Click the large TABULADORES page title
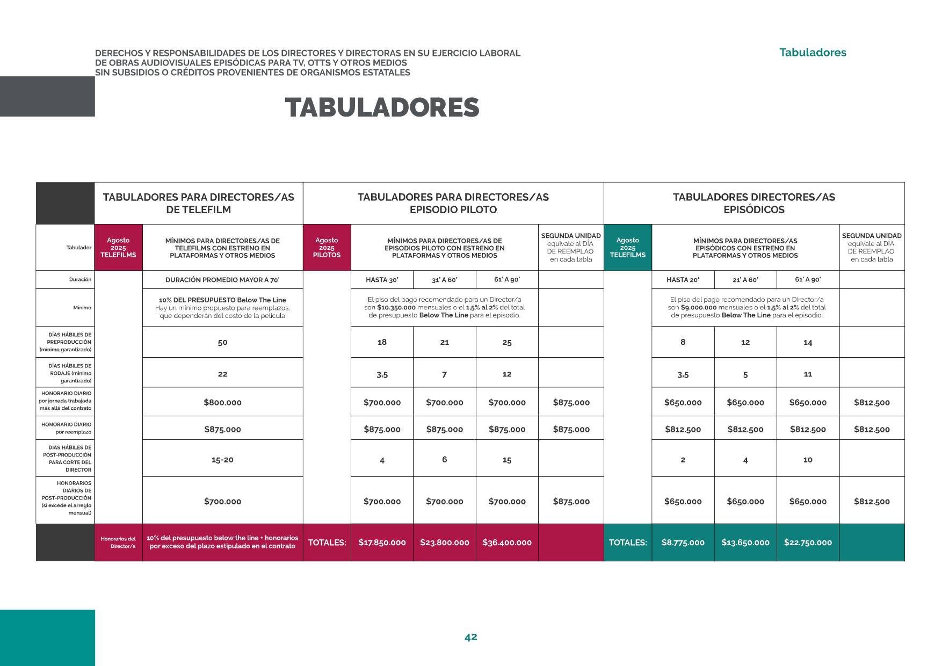tap(382, 108)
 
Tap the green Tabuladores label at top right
tap(813, 53)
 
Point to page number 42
tap(470, 637)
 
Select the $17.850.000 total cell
tap(382, 542)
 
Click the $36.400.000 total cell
tap(507, 542)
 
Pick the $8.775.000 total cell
tap(683, 542)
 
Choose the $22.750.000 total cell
tap(808, 542)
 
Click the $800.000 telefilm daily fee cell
tap(222, 402)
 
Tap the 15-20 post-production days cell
tap(222, 460)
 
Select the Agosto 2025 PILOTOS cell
tap(327, 248)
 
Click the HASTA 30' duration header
tap(382, 280)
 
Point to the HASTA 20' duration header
tap(683, 280)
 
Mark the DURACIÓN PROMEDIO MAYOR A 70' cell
tap(222, 280)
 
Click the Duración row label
tap(80, 280)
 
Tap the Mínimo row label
tap(82, 308)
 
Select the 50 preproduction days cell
tap(222, 342)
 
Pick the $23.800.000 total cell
tap(444, 542)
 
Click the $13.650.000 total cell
tap(745, 542)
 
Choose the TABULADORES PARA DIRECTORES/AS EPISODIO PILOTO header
tap(453, 204)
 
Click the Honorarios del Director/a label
tap(118, 542)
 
